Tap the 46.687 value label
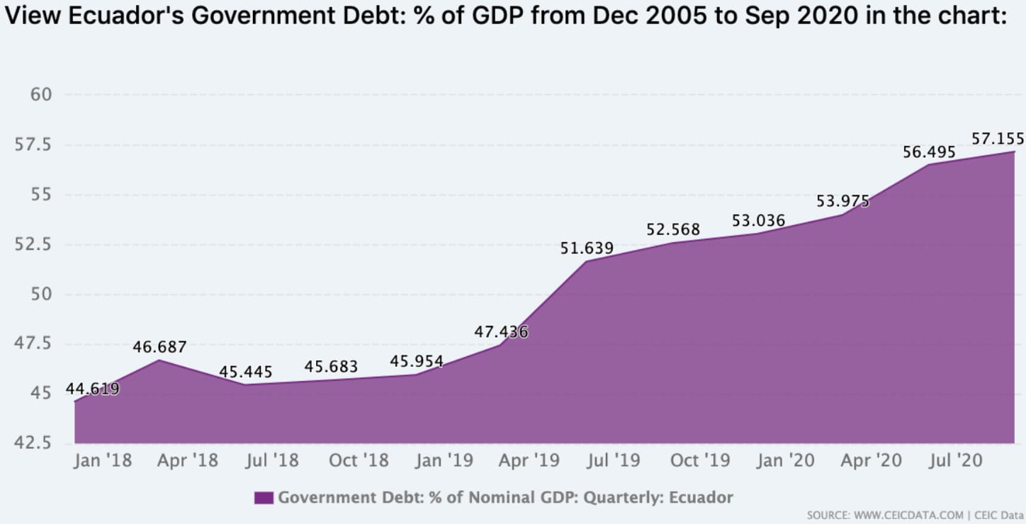click(x=159, y=347)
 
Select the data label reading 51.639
click(x=587, y=249)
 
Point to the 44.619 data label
click(x=92, y=389)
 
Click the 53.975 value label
click(x=842, y=201)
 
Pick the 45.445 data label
click(x=245, y=372)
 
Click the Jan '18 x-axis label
click(x=103, y=461)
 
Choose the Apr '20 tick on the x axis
click(x=872, y=461)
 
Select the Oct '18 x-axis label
click(x=359, y=461)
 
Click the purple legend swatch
click(x=264, y=498)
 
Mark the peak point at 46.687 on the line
click(x=160, y=360)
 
